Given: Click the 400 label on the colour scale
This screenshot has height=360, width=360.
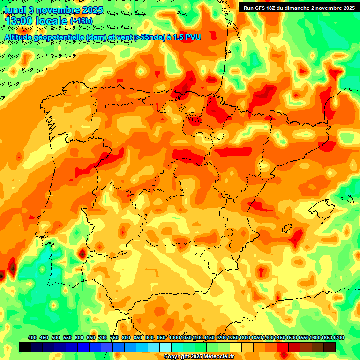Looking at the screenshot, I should point(32,337).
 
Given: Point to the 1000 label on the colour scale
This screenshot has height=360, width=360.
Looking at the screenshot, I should point(174,337).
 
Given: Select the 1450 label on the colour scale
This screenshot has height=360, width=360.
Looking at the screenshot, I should point(280,337).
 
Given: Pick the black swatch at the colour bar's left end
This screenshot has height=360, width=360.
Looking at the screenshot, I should point(25,347).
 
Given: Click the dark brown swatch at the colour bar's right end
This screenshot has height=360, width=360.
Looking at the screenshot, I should point(330,347).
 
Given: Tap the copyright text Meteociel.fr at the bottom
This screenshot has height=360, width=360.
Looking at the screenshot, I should point(199,356).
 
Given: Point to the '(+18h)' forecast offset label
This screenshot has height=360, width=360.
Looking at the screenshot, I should point(81,21).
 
